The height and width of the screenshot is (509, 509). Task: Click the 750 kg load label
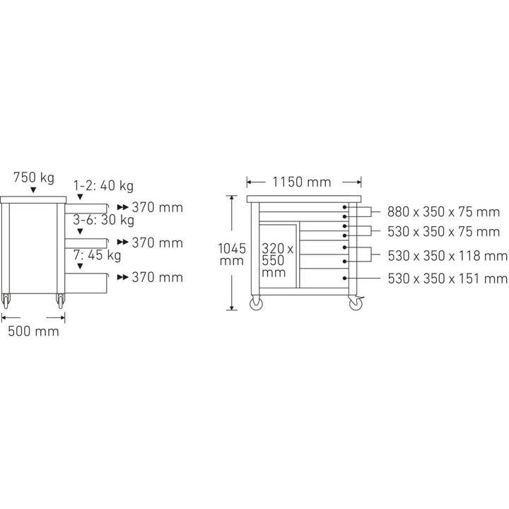tap(34, 177)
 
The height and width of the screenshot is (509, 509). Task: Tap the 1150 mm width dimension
tap(302, 182)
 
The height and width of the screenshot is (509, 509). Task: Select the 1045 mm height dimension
tap(232, 255)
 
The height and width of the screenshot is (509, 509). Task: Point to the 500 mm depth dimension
tap(33, 332)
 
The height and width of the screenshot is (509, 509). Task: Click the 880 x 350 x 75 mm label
tap(443, 212)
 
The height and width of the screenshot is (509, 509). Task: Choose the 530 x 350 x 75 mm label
tap(443, 232)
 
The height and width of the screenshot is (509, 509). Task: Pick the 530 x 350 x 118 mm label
tap(447, 256)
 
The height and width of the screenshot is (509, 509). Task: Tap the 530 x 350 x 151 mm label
tap(447, 279)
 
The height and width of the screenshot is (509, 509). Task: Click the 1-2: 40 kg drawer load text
tap(103, 186)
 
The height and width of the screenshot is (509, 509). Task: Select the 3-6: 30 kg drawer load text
tap(103, 220)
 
